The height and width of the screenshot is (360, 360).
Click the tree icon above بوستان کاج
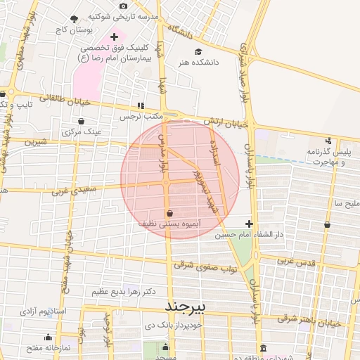[75, 20]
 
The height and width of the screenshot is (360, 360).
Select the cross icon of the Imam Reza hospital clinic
[114, 36]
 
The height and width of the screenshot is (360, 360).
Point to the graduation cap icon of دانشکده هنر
[198, 53]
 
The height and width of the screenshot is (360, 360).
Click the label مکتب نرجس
[140, 115]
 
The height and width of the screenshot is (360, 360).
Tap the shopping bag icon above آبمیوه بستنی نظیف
[169, 212]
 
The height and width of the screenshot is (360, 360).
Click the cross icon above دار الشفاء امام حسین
[249, 224]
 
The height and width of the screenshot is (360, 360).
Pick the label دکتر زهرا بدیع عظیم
[118, 290]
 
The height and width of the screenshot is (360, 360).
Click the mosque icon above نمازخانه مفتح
[48, 337]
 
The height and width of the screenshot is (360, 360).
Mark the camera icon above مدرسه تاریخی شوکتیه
[124, 6]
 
